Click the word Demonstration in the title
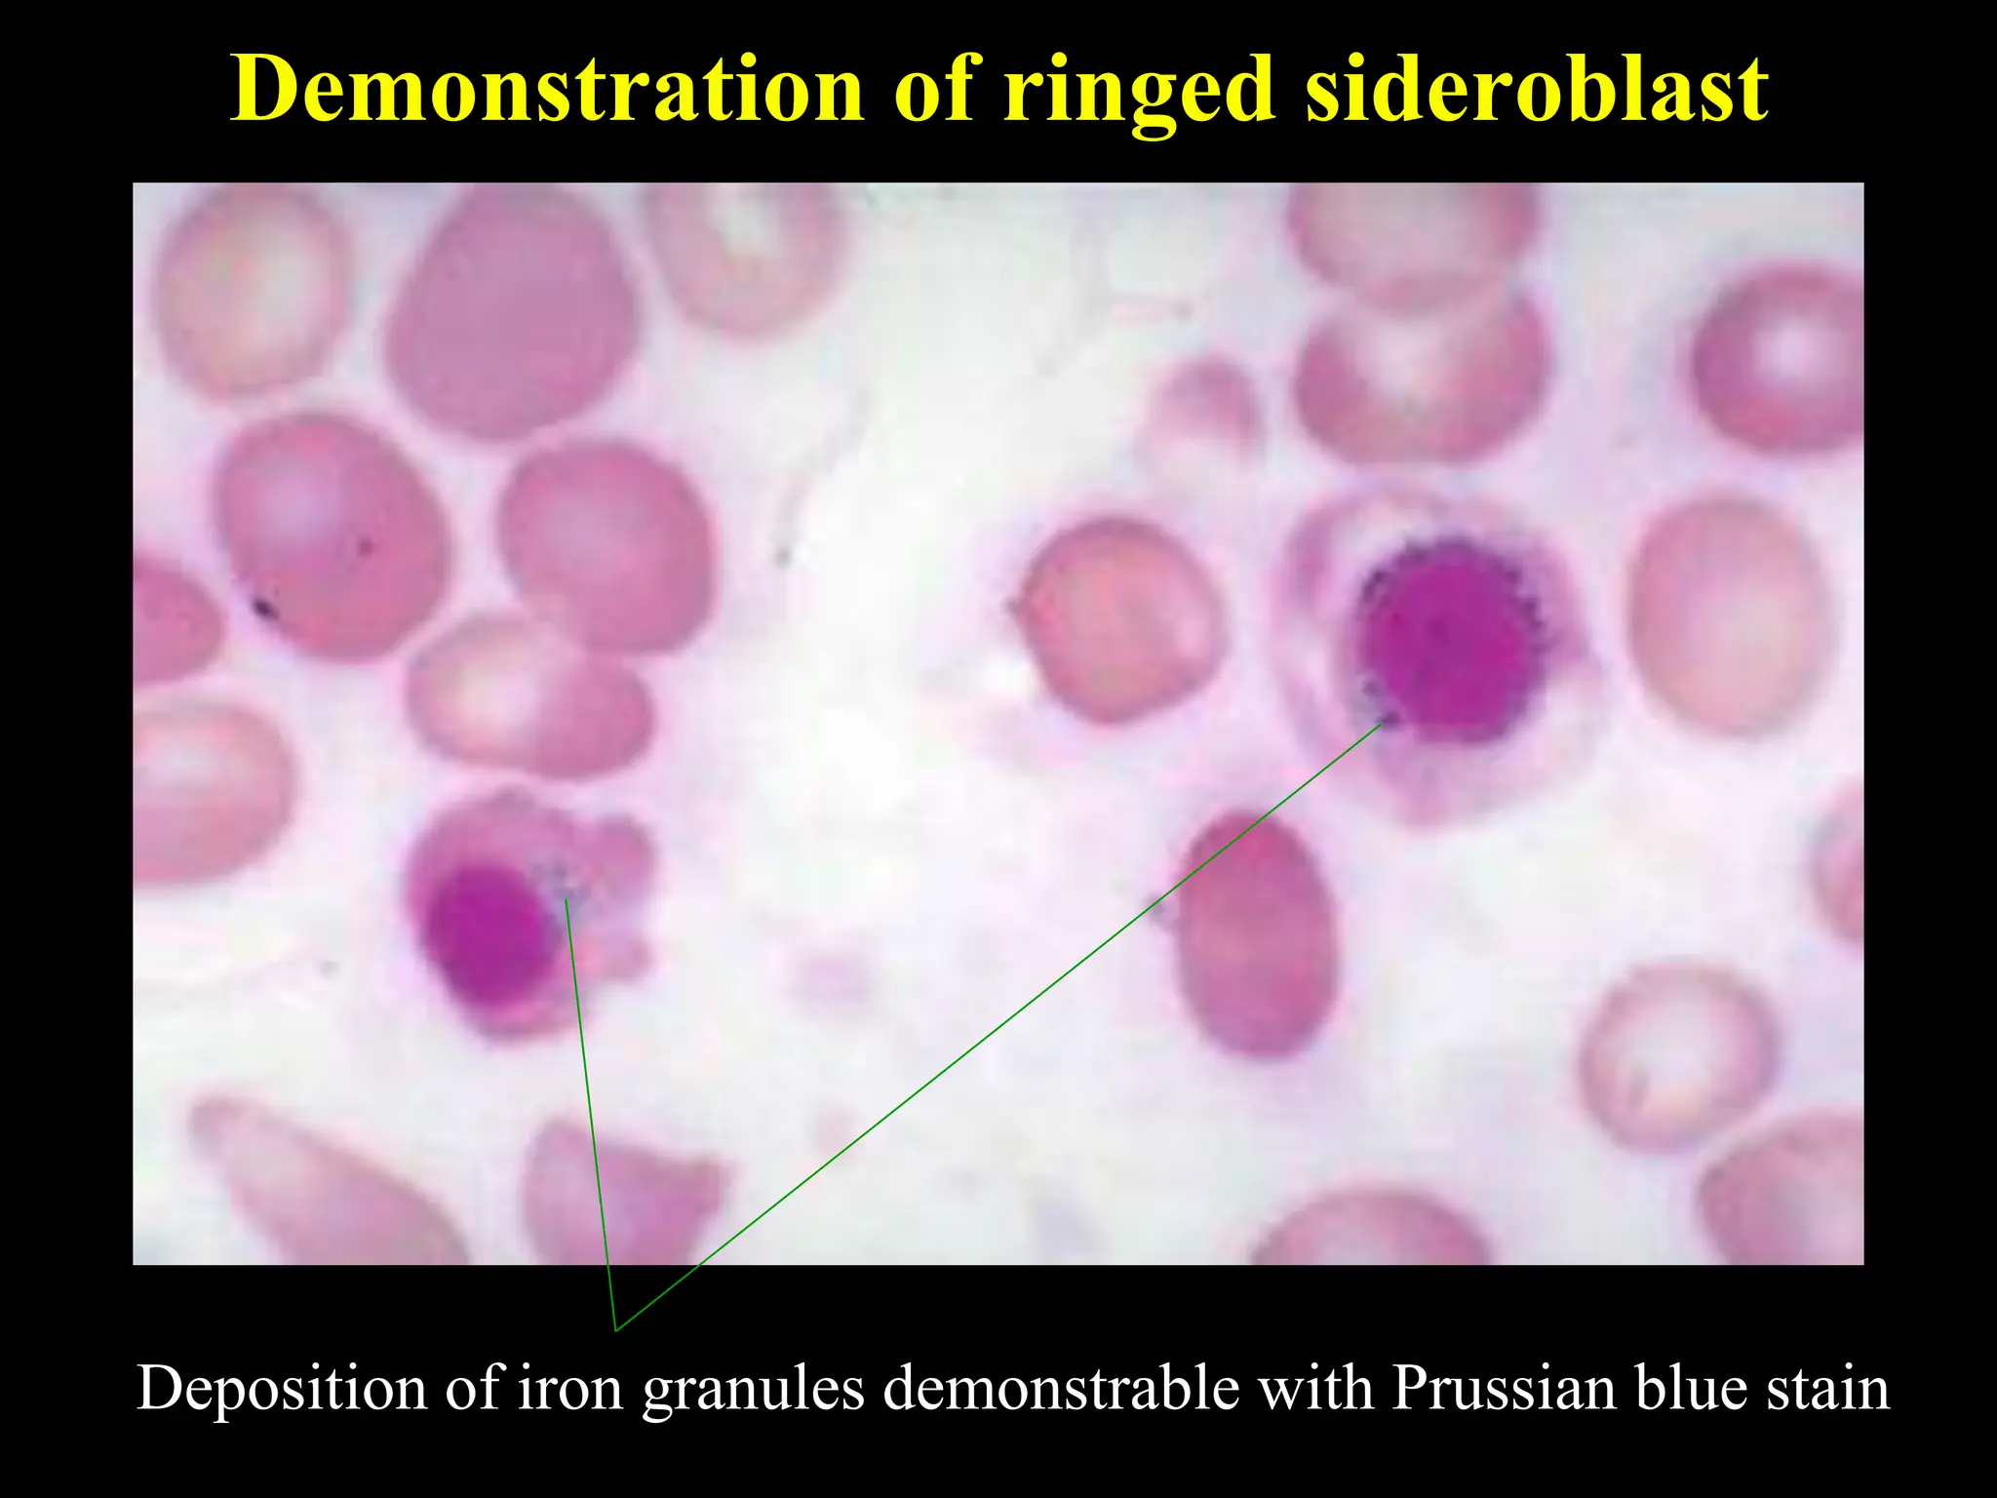click(x=547, y=90)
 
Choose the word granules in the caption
click(x=753, y=1390)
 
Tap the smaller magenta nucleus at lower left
click(x=484, y=931)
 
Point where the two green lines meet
click(x=615, y=1329)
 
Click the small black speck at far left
click(x=263, y=610)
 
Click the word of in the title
click(x=933, y=90)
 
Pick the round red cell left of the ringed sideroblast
click(x=1117, y=620)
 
